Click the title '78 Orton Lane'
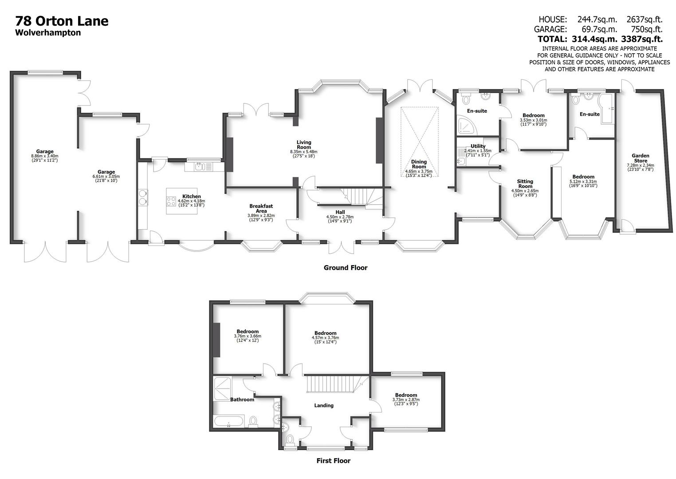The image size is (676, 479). (62, 21)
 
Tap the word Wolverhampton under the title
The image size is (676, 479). (48, 33)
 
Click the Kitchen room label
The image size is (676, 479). (192, 196)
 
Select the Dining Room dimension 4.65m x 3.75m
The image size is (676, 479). (418, 172)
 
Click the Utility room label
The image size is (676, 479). (478, 146)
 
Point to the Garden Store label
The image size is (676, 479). (640, 158)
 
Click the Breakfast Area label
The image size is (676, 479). (261, 208)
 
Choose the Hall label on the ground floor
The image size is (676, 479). (340, 212)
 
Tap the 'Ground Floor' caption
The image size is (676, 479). (345, 267)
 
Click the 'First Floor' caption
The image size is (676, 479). (333, 461)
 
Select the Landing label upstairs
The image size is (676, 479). (323, 405)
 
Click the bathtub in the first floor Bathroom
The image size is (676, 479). (228, 421)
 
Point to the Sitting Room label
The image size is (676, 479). (525, 184)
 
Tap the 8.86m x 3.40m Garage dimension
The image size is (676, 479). (44, 156)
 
